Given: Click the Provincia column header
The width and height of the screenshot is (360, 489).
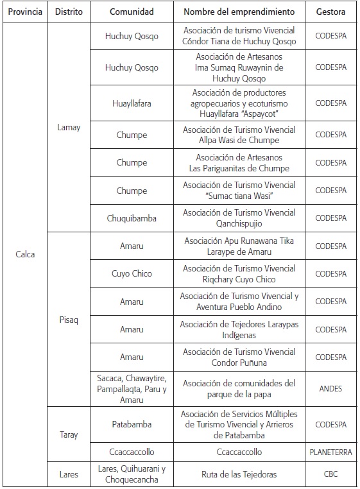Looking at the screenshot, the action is click(x=26, y=12).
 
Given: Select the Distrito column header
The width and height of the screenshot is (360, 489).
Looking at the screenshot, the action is click(x=69, y=12).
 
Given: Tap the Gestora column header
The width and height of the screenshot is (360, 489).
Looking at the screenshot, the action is click(x=330, y=12).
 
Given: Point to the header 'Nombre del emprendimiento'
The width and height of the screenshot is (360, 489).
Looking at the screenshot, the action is click(x=239, y=12).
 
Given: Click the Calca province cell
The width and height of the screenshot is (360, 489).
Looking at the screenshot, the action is click(x=25, y=254).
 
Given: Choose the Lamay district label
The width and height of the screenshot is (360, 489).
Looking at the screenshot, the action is click(x=69, y=127).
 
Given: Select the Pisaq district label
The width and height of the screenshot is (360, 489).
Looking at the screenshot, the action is click(x=69, y=320).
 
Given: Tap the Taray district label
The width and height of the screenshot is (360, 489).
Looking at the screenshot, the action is click(x=69, y=434).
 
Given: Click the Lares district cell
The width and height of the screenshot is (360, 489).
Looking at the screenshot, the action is click(x=69, y=474).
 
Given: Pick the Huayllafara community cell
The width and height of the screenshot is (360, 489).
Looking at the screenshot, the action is click(x=132, y=103).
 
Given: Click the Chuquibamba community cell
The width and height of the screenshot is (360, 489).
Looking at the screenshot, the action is click(x=132, y=218).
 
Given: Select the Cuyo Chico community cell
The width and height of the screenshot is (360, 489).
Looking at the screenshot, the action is click(x=132, y=273).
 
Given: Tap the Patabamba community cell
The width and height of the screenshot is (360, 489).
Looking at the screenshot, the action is click(x=132, y=424).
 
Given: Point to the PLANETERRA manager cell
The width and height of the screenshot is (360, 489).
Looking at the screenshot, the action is click(x=330, y=452).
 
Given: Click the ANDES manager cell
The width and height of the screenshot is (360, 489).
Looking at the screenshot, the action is click(x=330, y=388).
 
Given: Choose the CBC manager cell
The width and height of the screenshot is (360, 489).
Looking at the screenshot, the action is click(x=330, y=474).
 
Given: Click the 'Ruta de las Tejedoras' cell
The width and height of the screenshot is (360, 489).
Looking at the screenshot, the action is click(x=239, y=474).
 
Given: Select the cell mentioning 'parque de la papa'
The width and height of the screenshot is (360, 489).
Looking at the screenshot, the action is click(x=239, y=388).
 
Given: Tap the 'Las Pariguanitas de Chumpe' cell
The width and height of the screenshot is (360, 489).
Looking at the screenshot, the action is click(x=239, y=162).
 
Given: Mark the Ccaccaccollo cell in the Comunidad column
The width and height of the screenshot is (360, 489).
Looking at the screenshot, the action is click(x=132, y=452).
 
